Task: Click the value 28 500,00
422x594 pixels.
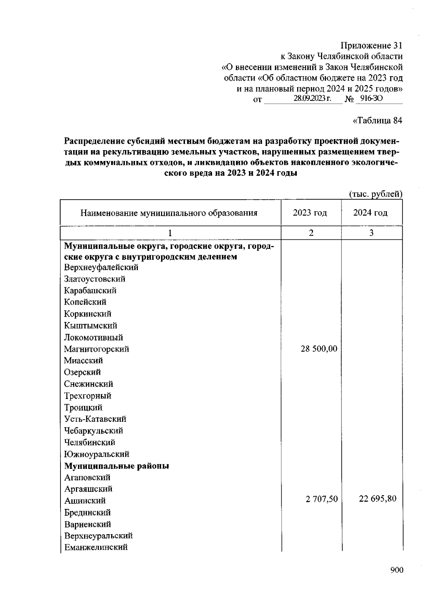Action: pyautogui.click(x=319, y=349)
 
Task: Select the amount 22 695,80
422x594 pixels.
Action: pyautogui.click(x=377, y=498)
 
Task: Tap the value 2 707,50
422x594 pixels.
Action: pyautogui.click(x=321, y=499)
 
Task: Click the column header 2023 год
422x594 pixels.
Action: pyautogui.click(x=310, y=213)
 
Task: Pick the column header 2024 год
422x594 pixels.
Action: pyautogui.click(x=370, y=213)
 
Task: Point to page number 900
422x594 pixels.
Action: pyautogui.click(x=396, y=570)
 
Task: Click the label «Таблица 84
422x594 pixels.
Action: pyautogui.click(x=377, y=121)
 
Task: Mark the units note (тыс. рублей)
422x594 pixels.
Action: pyautogui.click(x=375, y=194)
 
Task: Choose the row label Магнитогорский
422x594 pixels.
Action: pyautogui.click(x=96, y=349)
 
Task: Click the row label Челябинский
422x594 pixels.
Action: pyautogui.click(x=89, y=442)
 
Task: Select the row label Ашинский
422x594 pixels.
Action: pyautogui.click(x=85, y=501)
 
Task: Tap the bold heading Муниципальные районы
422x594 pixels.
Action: pyautogui.click(x=116, y=466)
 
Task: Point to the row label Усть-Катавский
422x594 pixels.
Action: pyautogui.click(x=95, y=419)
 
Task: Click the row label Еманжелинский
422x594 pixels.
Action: pyautogui.click(x=96, y=547)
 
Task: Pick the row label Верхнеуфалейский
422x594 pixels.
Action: pyautogui.click(x=101, y=267)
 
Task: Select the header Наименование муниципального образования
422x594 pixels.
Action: pyautogui.click(x=169, y=213)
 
